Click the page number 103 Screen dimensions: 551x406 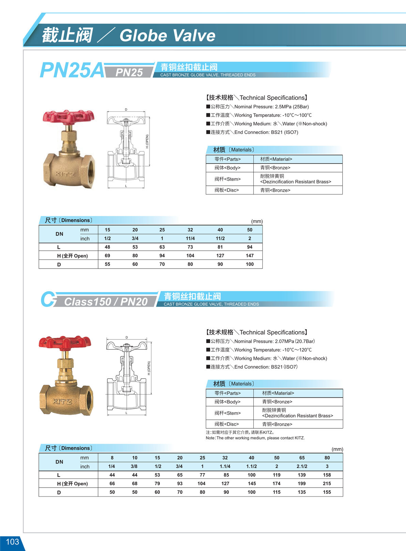12,542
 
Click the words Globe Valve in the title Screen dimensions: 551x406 167,35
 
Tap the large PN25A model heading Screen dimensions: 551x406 72,71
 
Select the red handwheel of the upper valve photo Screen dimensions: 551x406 68,116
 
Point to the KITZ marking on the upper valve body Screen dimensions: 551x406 65,174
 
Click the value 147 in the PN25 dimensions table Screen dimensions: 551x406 250,256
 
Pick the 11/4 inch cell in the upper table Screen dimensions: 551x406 190,239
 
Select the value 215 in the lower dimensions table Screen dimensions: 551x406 327,484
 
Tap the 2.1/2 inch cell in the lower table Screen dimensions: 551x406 302,466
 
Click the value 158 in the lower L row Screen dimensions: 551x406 327,475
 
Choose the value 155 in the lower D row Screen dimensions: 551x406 327,492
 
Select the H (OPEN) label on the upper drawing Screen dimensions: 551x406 147,141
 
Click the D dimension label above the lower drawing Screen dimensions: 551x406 127,337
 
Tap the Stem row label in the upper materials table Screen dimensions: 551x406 228,179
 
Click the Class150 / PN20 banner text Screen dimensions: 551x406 106,302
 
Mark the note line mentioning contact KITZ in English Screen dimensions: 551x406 255,438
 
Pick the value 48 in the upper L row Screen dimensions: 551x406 107,247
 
